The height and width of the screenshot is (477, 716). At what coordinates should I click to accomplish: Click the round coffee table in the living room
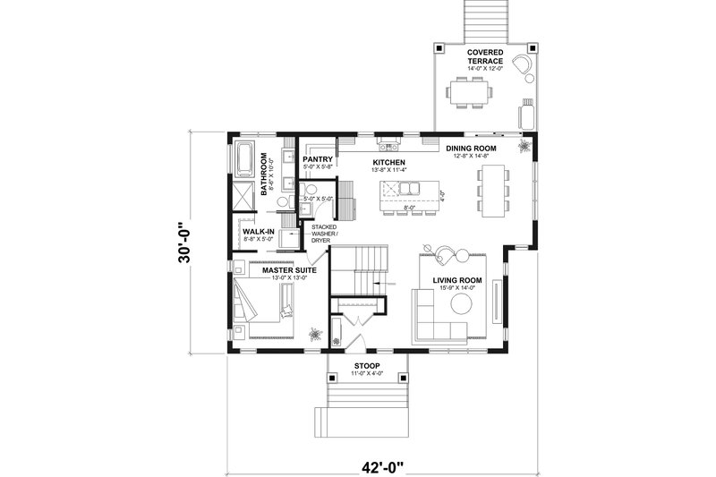pos(462,304)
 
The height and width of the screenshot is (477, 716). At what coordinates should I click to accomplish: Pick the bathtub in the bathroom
pos(244,158)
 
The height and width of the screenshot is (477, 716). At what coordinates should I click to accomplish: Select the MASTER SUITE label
pos(284,269)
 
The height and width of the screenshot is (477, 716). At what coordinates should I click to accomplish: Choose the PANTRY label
pos(318,159)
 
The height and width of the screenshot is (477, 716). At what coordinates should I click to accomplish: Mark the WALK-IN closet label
pos(258,232)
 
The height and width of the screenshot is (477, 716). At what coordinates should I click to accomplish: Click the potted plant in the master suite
pos(315,334)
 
